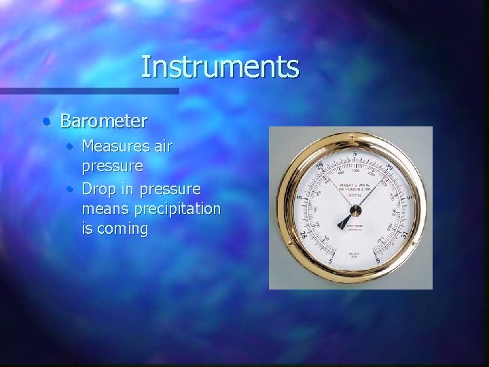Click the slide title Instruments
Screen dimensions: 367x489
(219, 67)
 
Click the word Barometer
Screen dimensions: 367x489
(103, 121)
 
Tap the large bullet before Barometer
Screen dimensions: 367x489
(45, 122)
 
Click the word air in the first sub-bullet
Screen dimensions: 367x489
(162, 145)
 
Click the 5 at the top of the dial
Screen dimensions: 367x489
(354, 154)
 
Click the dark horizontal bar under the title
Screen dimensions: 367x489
(89, 91)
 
